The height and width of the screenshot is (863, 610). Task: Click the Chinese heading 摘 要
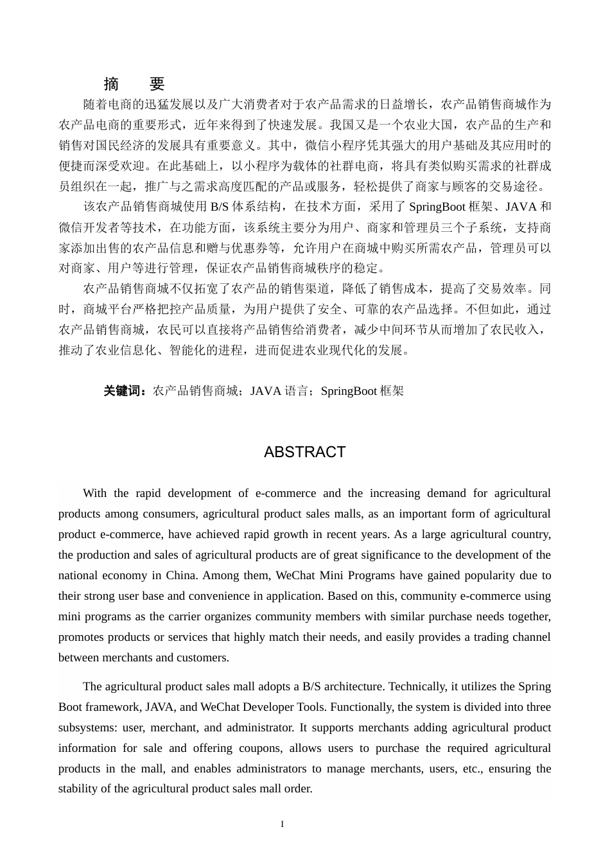(x=134, y=84)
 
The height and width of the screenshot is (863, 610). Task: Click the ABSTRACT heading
(x=304, y=452)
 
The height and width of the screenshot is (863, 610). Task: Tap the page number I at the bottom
(x=282, y=824)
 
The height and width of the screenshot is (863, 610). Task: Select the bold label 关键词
(x=125, y=391)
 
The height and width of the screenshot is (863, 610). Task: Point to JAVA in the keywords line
(x=265, y=391)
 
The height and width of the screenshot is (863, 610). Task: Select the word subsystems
(x=100, y=728)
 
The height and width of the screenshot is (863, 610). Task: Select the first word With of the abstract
(x=94, y=493)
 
